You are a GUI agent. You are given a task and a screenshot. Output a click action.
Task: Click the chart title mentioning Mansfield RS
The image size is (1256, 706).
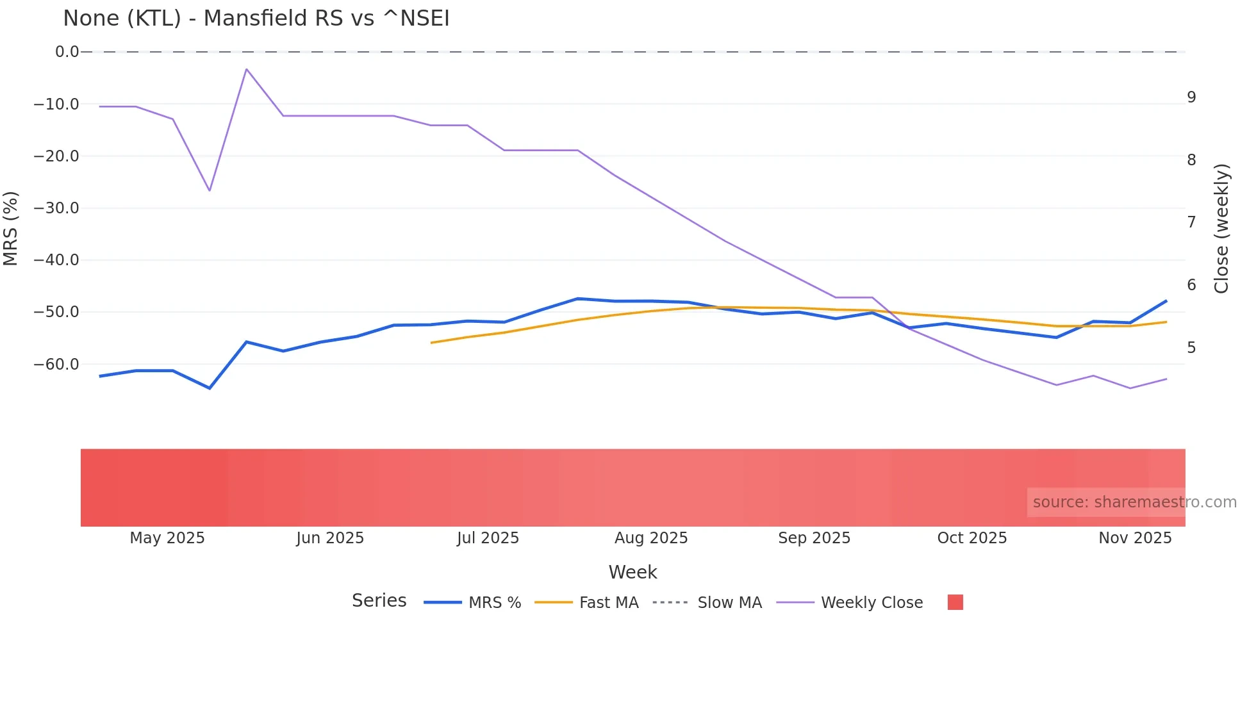(x=256, y=19)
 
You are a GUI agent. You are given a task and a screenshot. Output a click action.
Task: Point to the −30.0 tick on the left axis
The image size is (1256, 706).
(x=56, y=208)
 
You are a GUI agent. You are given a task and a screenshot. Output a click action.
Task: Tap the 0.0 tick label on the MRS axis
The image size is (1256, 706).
(x=67, y=52)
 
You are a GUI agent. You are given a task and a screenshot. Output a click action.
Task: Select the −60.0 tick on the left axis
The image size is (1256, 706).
(x=56, y=365)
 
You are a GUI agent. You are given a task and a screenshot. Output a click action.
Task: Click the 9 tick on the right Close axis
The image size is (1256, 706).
(x=1191, y=97)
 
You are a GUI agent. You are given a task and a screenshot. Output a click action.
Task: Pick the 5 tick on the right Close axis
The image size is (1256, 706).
(x=1191, y=348)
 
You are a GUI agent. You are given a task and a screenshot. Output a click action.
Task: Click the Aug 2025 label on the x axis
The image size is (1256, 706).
(x=651, y=538)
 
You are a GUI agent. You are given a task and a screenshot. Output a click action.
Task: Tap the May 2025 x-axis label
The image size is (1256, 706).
(x=167, y=538)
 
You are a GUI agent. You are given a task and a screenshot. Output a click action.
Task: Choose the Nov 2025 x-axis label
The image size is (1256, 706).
(x=1135, y=538)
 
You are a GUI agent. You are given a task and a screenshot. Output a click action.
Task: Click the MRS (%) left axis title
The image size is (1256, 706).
(x=11, y=228)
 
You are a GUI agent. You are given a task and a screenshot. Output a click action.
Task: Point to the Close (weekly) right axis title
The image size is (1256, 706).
(x=1221, y=228)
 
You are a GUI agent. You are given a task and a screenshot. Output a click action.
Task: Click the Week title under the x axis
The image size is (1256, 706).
(x=632, y=572)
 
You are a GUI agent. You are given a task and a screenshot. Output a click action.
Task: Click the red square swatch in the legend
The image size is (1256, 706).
(x=955, y=602)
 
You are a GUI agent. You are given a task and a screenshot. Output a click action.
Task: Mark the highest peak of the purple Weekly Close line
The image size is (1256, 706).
(x=247, y=69)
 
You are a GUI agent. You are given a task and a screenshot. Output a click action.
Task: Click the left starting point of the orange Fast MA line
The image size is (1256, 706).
(x=432, y=343)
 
